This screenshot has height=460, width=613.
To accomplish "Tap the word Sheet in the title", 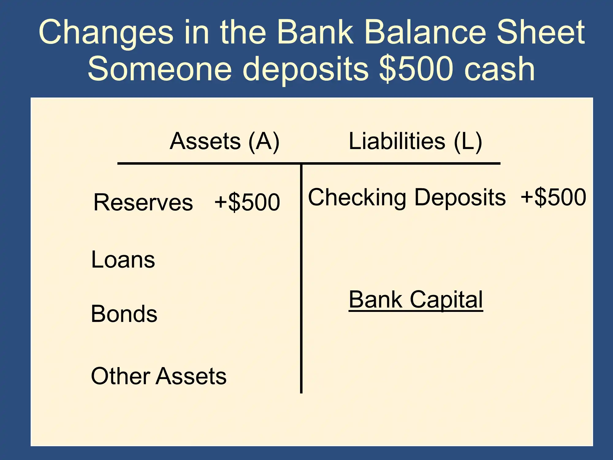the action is coord(540,32).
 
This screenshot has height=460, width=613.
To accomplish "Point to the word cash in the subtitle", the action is coord(500,69).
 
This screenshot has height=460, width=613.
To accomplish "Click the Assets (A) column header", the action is coord(225,141).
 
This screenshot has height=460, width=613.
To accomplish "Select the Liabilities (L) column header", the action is coord(415,141).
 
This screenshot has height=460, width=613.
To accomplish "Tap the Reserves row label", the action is coord(143,203).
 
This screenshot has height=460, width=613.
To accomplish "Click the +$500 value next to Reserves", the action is coord(247,202).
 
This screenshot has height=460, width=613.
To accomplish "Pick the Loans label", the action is coord(123,259).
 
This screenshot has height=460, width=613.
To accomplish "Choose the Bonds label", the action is coord(124,314).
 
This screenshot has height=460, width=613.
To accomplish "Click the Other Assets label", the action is coord(159,376).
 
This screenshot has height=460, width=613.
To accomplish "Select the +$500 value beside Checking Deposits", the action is coord(554,197).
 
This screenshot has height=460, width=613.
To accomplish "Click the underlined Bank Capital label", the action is coord(416,300).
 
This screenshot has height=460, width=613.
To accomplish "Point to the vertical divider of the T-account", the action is coord(301,279).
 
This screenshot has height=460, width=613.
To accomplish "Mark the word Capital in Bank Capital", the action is coord(446,300).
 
